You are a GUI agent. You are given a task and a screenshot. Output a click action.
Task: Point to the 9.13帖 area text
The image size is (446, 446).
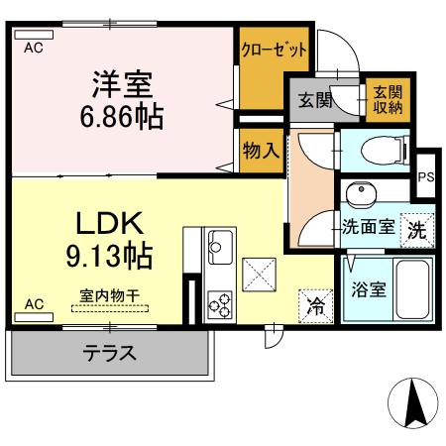[x=110, y=256]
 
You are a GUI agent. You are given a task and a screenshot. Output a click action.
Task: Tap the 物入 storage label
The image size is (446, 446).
[x=260, y=152]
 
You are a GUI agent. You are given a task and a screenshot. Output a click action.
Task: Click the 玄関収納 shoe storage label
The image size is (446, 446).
[x=385, y=100]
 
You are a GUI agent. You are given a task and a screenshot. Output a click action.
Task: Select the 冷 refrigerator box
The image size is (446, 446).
[x=313, y=306]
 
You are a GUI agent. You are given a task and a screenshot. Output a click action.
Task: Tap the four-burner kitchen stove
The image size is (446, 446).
[x=218, y=303]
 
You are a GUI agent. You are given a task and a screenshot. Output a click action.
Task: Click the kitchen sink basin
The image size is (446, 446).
[x=219, y=243]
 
